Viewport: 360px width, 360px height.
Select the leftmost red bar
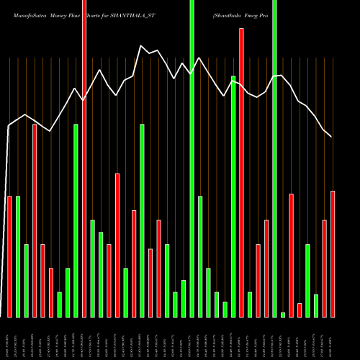(x=9, y=256)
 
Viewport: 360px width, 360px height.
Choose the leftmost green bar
(x=18, y=256)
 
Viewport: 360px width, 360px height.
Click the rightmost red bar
(x=333, y=253)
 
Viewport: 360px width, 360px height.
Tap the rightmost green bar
(x=316, y=305)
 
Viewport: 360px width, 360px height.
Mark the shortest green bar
(x=283, y=315)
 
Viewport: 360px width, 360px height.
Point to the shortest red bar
(x=300, y=310)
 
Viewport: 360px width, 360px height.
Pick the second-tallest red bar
(x=242, y=173)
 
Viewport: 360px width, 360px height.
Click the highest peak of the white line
(x=141, y=45)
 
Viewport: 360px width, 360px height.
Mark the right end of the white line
(x=332, y=137)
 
